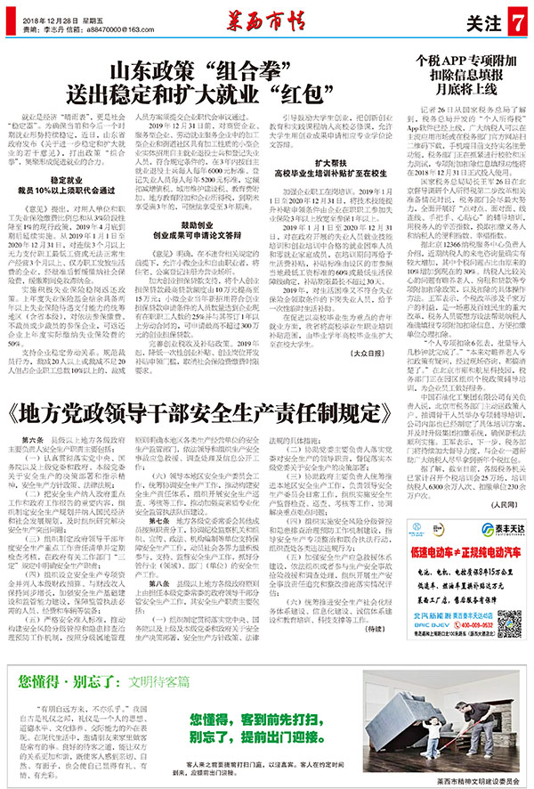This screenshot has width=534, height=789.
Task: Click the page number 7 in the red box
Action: pyautogui.click(x=518, y=20)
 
